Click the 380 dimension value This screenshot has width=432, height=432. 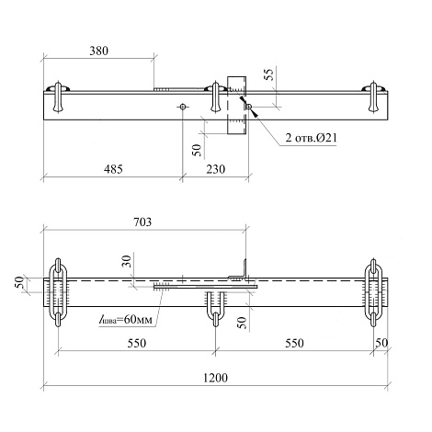coord(98,51)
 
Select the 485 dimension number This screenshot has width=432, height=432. coord(113,169)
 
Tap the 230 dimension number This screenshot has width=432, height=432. coord(216,169)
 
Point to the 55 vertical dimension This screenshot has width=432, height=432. coord(268,74)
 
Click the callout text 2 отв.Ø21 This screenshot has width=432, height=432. coord(311,138)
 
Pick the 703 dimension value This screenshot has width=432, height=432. coord(142,222)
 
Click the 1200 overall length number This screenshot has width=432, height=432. coord(215,378)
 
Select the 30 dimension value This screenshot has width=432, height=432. coord(127,261)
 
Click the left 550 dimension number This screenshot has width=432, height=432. coord(137,343)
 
